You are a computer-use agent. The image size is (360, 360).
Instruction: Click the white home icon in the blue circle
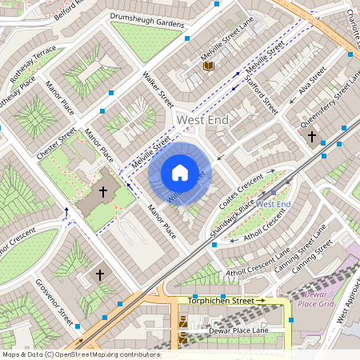tap(179, 172)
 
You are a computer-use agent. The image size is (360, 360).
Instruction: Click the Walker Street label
tap(158, 89)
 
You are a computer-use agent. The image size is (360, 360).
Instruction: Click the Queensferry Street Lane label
tap(330, 101)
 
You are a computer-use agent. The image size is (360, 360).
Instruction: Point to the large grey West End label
tap(202, 119)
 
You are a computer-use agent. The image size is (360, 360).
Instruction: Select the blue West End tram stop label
tap(274, 205)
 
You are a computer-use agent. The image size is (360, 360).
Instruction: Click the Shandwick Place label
tap(231, 212)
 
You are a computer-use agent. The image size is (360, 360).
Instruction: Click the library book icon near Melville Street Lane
tap(209, 66)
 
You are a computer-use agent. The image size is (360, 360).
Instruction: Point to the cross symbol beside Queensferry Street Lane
tap(311, 137)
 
